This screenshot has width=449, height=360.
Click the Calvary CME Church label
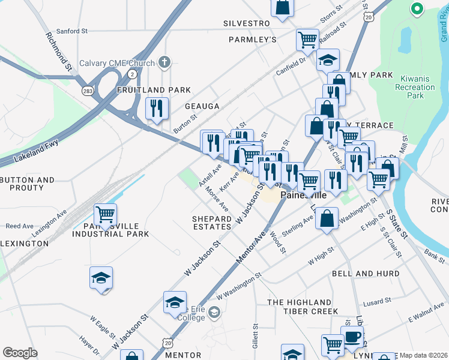117,62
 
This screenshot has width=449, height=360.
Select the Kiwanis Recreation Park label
412,88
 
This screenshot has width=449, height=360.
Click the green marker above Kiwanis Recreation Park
416,9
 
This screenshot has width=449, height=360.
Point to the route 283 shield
88,90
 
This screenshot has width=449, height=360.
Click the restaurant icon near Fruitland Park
157,108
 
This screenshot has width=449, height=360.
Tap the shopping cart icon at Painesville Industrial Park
105,214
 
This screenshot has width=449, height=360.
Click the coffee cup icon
352,336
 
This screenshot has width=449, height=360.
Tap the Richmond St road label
59,51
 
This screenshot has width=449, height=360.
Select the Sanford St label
72,31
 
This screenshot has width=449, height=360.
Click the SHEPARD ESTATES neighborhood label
212,223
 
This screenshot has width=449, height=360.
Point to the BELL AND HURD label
366,274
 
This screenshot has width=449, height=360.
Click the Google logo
20,353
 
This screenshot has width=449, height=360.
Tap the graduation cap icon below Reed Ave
101,277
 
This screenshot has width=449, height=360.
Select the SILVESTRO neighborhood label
246,23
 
